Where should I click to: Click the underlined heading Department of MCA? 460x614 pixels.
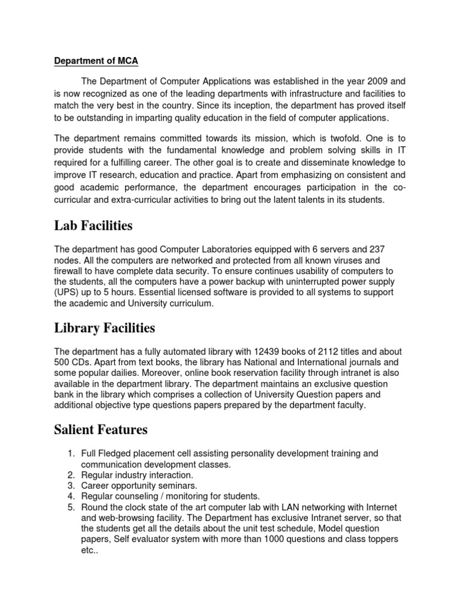[x=96, y=61]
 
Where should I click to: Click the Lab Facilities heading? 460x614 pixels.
[x=93, y=226]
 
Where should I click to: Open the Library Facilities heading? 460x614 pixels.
[x=104, y=328]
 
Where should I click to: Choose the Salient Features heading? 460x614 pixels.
[x=101, y=430]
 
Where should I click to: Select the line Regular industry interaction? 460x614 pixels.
[x=129, y=475]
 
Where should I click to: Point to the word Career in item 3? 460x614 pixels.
[x=96, y=486]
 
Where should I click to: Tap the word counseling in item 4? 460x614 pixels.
[x=138, y=496]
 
